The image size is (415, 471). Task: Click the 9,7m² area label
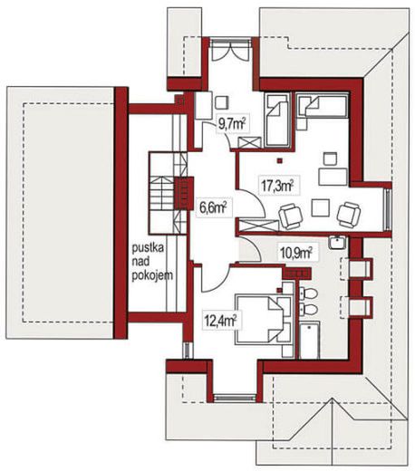click(232, 123)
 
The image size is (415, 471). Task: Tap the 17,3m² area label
click(277, 185)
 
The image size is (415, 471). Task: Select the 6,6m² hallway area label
click(213, 207)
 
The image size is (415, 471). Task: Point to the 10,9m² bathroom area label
click(296, 253)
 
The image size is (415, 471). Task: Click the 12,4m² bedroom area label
click(220, 321)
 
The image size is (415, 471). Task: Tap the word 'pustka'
click(148, 248)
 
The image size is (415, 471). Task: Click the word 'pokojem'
click(152, 275)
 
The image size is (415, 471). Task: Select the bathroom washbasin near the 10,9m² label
click(337, 243)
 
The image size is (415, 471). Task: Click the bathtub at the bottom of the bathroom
click(310, 341)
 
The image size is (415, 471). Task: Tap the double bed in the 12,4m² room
click(263, 320)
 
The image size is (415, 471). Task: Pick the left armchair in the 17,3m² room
click(290, 216)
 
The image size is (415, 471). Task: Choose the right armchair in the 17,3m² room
click(349, 214)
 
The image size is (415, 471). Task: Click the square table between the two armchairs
click(321, 207)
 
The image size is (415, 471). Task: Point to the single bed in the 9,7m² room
click(276, 120)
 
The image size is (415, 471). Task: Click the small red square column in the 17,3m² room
click(280, 160)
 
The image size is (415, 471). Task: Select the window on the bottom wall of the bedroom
click(235, 398)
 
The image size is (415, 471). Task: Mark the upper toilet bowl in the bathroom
click(308, 293)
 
